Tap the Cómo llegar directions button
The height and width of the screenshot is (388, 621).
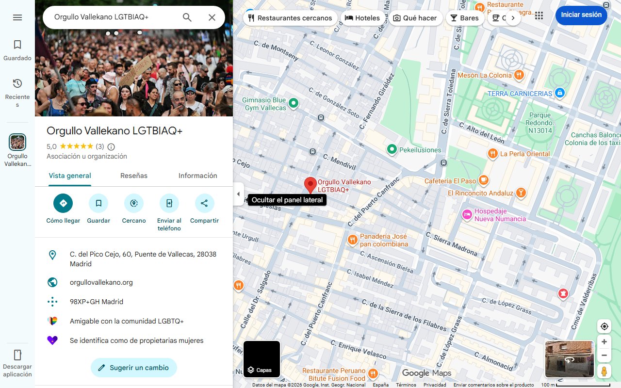tap(63, 203)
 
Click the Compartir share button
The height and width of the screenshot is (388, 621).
tap(204, 203)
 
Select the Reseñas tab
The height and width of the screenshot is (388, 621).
tap(134, 176)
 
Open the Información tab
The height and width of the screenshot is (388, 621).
tap(197, 176)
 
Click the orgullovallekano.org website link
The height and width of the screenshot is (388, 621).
tap(101, 282)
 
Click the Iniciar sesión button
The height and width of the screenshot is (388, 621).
tap(581, 15)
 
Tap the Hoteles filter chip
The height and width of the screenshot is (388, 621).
tap(362, 18)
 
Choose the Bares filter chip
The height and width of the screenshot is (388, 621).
tap(464, 18)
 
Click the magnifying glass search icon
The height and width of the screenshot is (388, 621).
tap(187, 17)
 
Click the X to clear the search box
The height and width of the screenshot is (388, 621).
tap(212, 17)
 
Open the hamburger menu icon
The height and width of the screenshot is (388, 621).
tap(17, 17)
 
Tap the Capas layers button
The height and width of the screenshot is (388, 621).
tap(261, 359)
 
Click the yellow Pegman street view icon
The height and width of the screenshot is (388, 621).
tap(604, 372)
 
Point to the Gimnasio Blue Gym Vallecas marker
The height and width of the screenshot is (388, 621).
tap(293, 103)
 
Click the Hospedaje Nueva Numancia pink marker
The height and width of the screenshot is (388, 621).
tap(467, 214)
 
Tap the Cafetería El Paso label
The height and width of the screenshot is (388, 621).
tap(450, 181)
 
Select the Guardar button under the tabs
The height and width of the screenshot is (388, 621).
tap(98, 203)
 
